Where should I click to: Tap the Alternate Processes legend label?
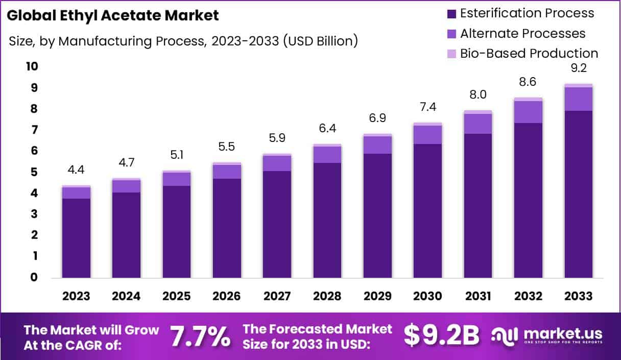click(522, 34)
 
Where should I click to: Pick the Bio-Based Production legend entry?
click(529, 54)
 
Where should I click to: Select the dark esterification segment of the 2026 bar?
click(227, 228)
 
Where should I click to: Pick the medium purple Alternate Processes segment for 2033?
click(579, 99)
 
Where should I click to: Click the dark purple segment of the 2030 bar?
click(428, 211)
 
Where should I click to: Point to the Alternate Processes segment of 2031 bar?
click(478, 124)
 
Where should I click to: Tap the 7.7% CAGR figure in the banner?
click(200, 335)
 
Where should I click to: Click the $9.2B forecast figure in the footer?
click(442, 335)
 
